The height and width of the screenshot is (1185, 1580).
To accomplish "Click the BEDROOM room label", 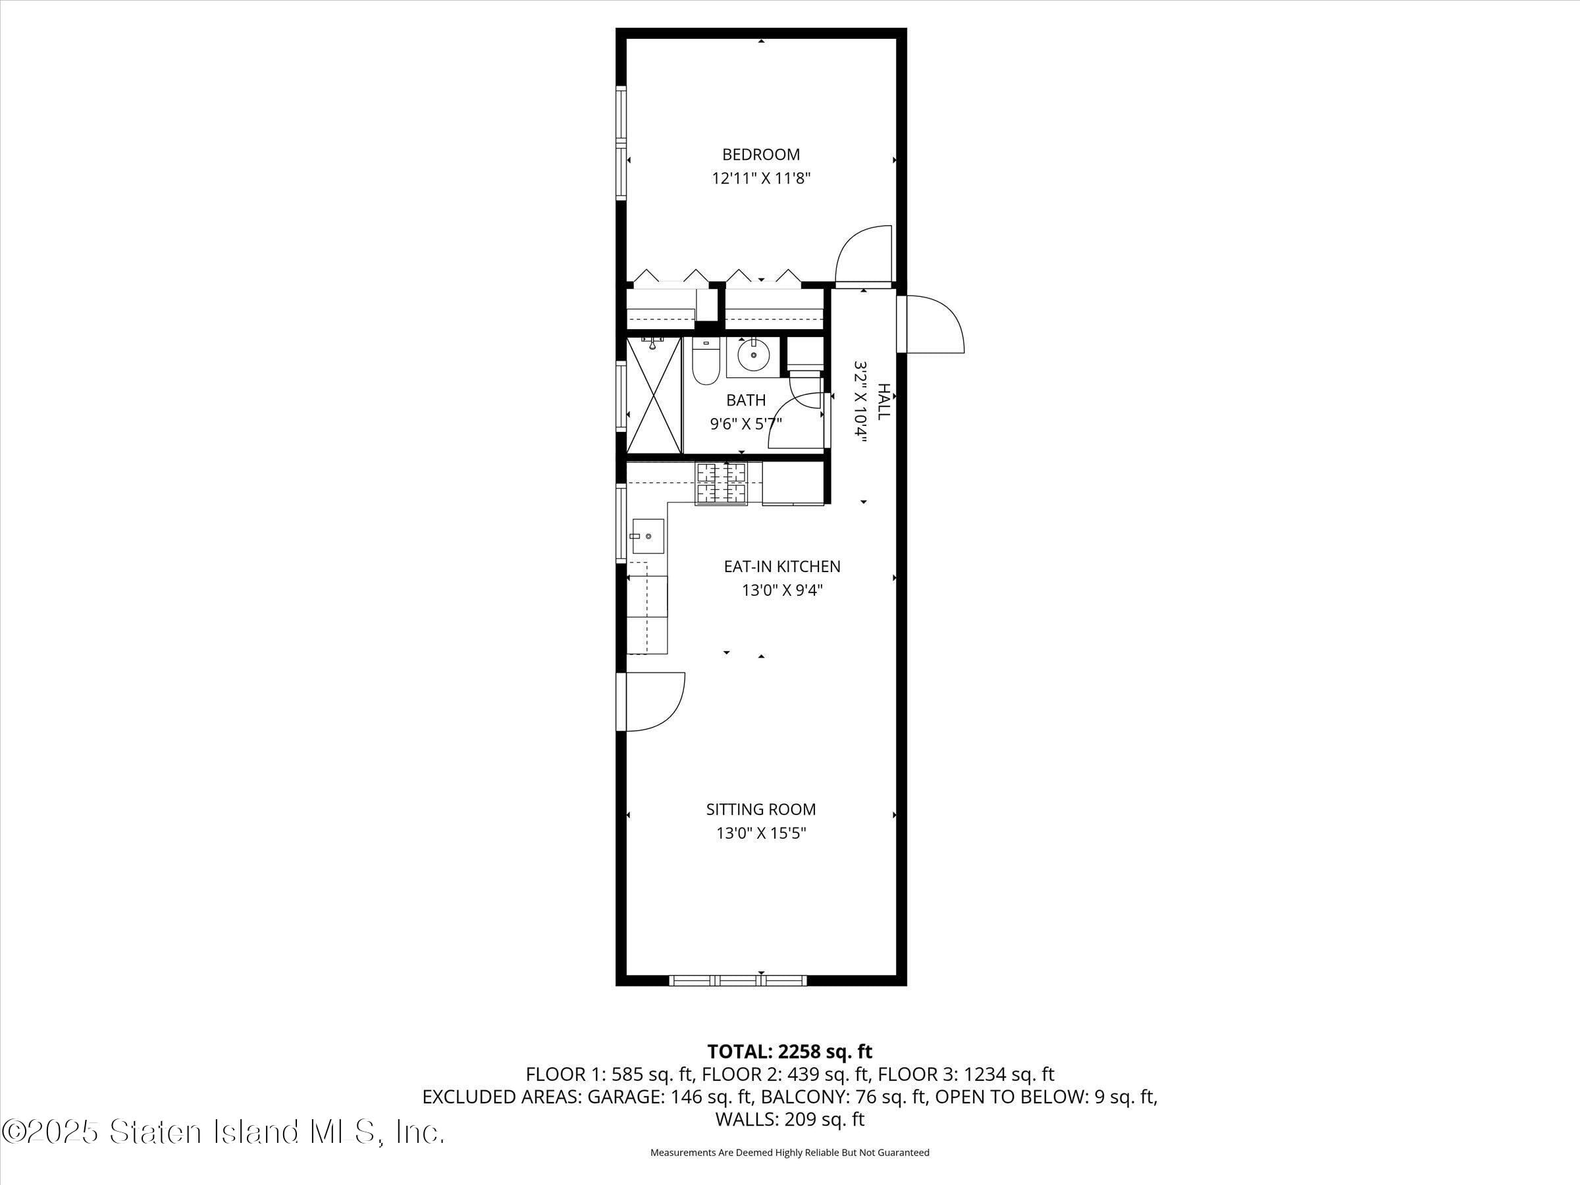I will (761, 154).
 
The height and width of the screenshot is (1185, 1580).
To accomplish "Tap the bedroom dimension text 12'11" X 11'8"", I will (761, 178).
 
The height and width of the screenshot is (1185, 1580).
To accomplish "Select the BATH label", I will (746, 400).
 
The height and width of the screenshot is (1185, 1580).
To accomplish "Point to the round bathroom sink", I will (753, 355).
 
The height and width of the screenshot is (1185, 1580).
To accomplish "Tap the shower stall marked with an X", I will (654, 396).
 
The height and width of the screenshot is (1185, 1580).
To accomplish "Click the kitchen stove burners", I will (721, 485).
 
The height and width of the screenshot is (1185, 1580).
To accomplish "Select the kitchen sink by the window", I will (647, 537).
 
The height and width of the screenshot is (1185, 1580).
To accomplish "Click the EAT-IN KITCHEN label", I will (781, 566).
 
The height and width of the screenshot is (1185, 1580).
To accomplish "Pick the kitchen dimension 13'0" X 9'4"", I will (781, 591).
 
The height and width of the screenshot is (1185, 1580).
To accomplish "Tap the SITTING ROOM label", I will (761, 809).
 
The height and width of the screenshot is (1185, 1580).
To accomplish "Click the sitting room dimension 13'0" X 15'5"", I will (761, 833).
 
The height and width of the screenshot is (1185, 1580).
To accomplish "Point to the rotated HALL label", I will (883, 402).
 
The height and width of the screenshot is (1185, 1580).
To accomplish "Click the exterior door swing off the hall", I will (932, 324).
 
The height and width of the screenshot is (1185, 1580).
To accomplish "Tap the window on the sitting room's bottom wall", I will (738, 981).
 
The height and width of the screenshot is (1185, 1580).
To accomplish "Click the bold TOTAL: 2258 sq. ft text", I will (789, 1051).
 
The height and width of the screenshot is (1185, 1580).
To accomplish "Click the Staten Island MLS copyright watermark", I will (223, 1132).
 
